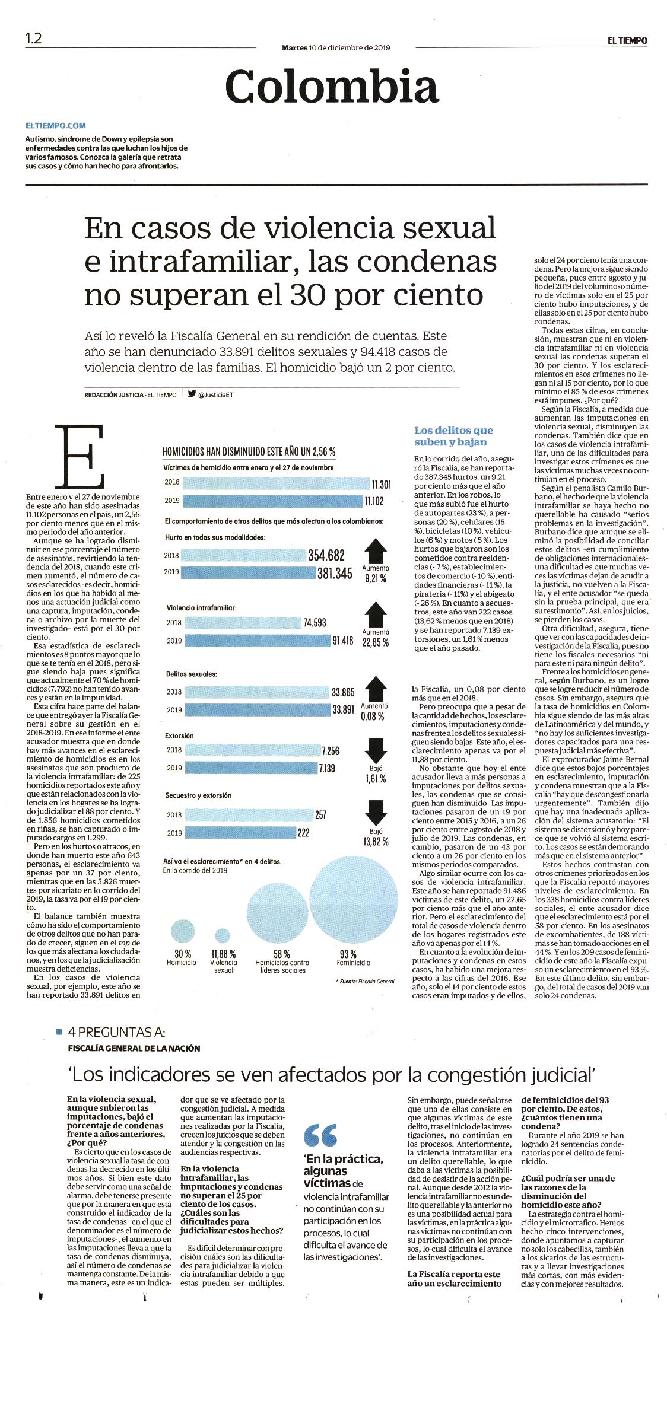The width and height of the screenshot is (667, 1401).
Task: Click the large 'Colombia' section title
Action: point(332,86)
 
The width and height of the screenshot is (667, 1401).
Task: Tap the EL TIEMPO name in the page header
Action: point(627,40)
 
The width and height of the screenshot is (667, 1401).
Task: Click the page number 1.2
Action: point(33,38)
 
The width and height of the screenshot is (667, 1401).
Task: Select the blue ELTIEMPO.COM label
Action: point(56,126)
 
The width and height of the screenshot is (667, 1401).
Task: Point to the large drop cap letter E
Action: point(80,456)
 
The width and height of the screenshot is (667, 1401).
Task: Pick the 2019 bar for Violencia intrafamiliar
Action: point(256,641)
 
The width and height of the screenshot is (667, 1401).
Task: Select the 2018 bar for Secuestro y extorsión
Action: point(247,814)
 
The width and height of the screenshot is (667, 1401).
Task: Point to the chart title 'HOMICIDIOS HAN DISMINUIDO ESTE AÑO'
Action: point(249,451)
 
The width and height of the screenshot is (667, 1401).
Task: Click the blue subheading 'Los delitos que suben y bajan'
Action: point(453,436)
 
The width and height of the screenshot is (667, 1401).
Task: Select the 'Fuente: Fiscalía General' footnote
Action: point(364,982)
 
